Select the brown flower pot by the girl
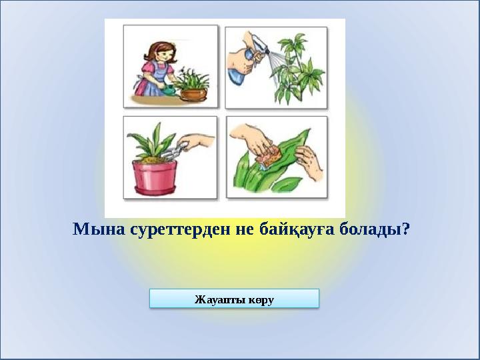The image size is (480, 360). click(x=194, y=94)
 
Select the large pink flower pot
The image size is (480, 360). click(x=157, y=176)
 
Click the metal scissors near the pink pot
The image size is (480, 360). click(x=171, y=153)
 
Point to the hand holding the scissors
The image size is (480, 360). click(x=198, y=141)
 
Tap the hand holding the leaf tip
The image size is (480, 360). click(x=308, y=163)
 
